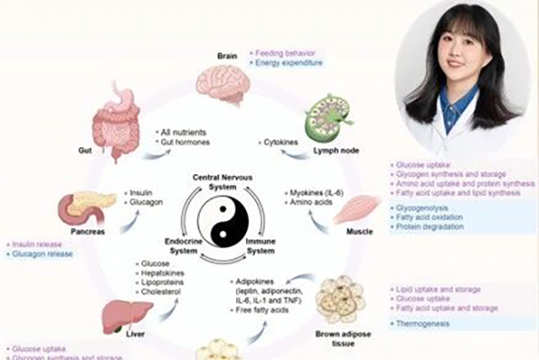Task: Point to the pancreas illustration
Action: (x=89, y=208)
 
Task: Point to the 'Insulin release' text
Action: (x=38, y=244)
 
